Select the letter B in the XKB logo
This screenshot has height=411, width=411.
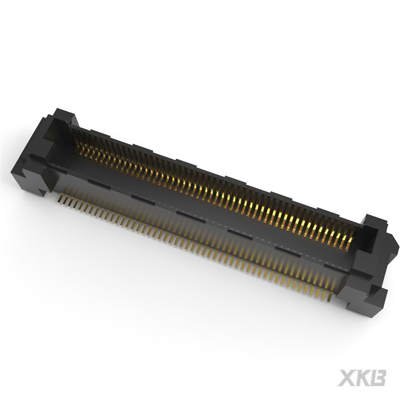click(379, 378)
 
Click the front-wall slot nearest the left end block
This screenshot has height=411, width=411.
click(94, 179)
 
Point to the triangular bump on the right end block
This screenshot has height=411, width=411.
click(393, 241)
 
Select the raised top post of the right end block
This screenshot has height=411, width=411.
click(375, 222)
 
